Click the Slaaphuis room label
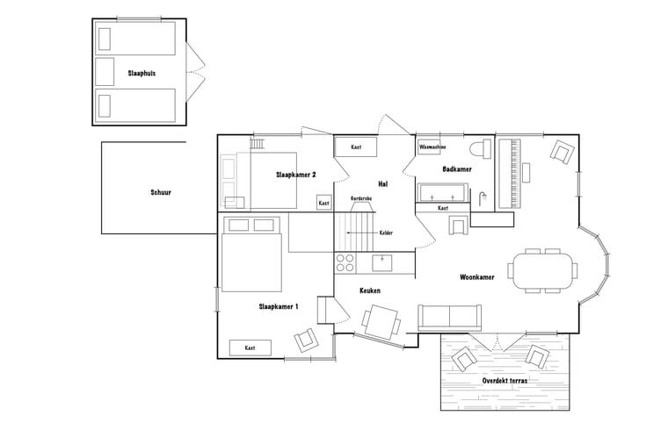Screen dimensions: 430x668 (x=141, y=73)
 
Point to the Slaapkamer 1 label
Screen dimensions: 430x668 (x=278, y=306)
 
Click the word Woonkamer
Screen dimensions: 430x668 (x=476, y=277)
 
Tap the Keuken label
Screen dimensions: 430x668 (x=370, y=290)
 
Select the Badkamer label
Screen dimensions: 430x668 (x=457, y=168)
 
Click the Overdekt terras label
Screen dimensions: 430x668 (x=505, y=380)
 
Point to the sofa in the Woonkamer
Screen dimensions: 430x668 (x=449, y=316)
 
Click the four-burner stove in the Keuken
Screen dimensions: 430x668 (x=345, y=261)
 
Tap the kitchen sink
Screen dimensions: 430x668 (x=383, y=261)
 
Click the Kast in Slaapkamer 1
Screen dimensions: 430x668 (x=250, y=348)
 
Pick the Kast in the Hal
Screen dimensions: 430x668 (x=356, y=147)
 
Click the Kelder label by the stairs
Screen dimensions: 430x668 (x=385, y=233)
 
